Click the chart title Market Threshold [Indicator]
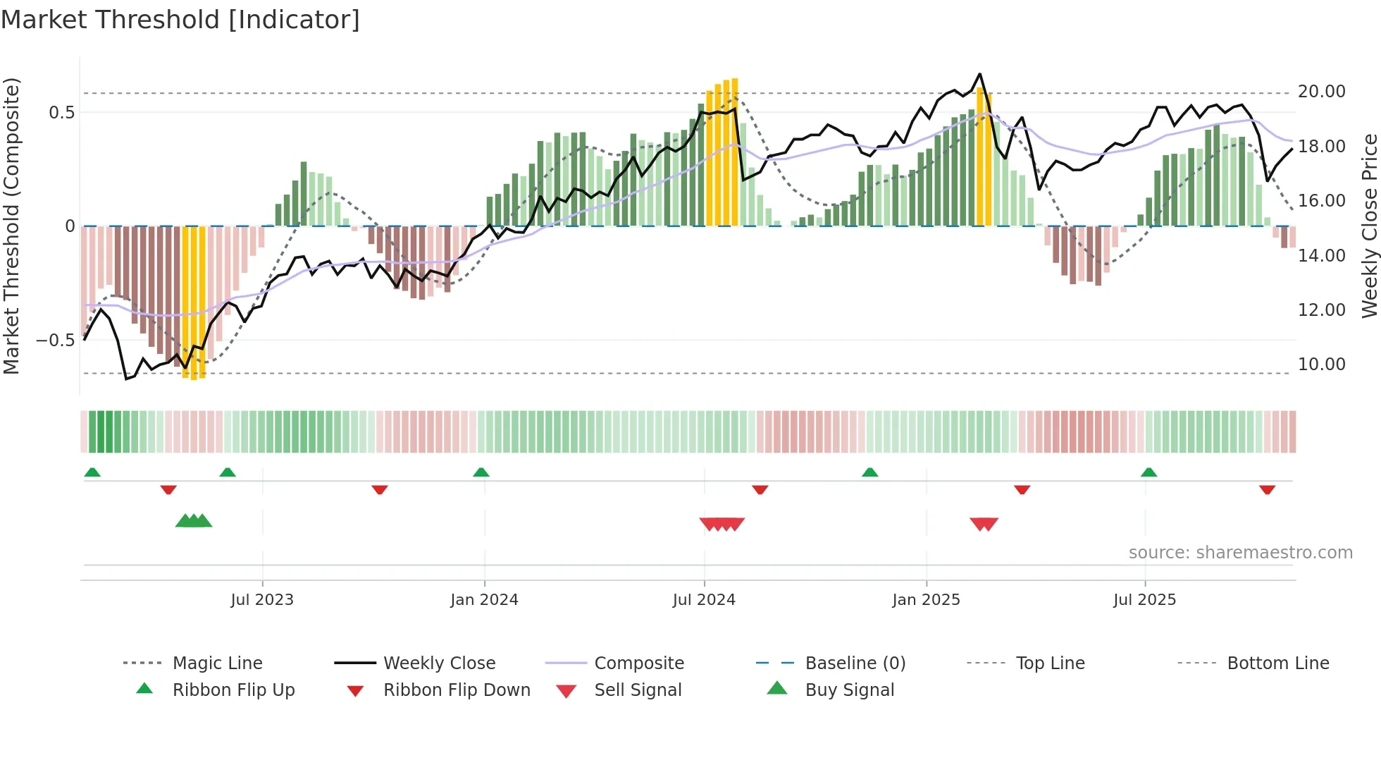pyautogui.click(x=180, y=20)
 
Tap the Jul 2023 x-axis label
pyautogui.click(x=262, y=600)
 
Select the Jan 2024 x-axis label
pyautogui.click(x=484, y=600)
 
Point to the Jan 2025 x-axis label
pyautogui.click(x=926, y=600)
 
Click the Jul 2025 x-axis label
pyautogui.click(x=1144, y=600)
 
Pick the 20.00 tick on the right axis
pyautogui.click(x=1321, y=92)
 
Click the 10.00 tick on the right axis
pyautogui.click(x=1321, y=365)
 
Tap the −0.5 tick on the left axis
pyautogui.click(x=56, y=341)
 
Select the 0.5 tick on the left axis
pyautogui.click(x=61, y=113)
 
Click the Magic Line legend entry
pyautogui.click(x=217, y=663)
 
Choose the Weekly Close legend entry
pyautogui.click(x=439, y=663)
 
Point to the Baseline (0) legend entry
pyautogui.click(x=855, y=663)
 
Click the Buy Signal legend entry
pyautogui.click(x=849, y=690)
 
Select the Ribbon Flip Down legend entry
pyautogui.click(x=456, y=690)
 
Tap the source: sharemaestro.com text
pyautogui.click(x=1240, y=553)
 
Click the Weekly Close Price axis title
pyautogui.click(x=1369, y=226)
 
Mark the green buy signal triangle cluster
pyautogui.click(x=194, y=521)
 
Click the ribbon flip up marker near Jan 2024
pyautogui.click(x=481, y=472)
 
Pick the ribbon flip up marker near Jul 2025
pyautogui.click(x=1148, y=472)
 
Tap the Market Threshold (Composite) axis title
pyautogui.click(x=11, y=226)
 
